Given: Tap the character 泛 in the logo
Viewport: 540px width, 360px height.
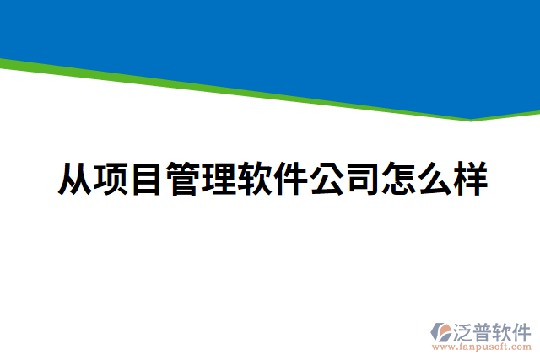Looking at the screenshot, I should [466, 330].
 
